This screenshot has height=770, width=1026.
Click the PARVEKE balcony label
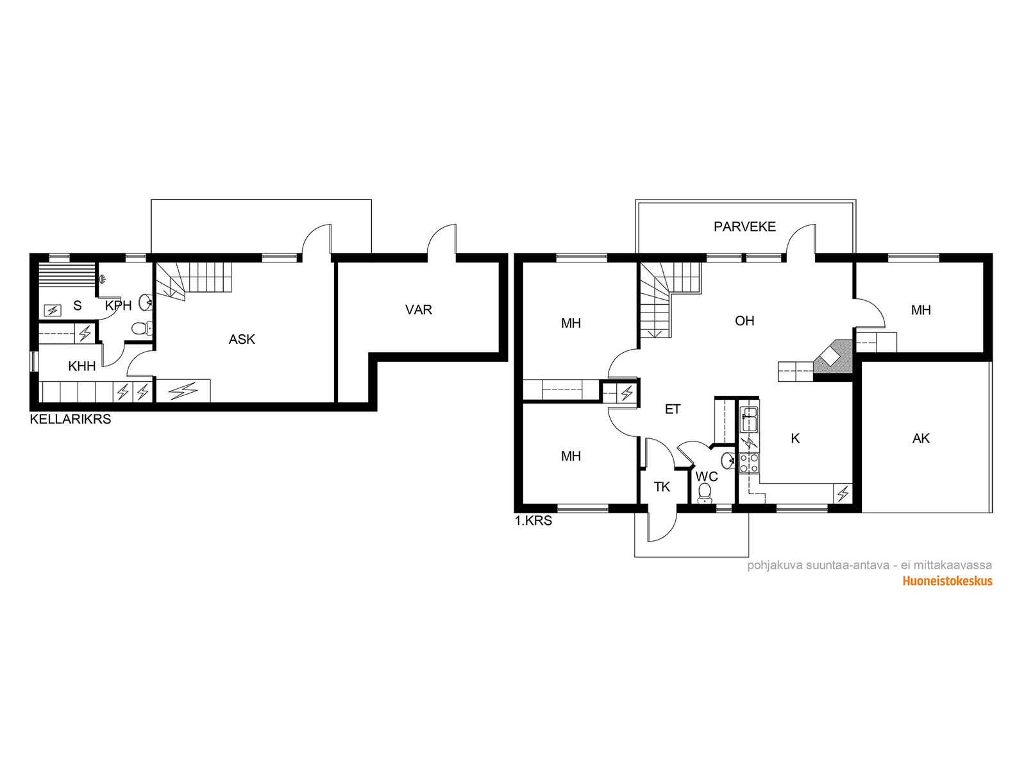coord(744,227)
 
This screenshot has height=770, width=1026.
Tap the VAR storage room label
coord(418,310)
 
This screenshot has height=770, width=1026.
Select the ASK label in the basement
coord(242,339)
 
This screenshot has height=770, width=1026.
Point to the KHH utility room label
coord(82,366)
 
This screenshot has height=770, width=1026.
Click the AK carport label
coord(921,438)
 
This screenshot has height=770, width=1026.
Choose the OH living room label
coord(744,321)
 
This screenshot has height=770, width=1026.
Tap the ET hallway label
coord(672,409)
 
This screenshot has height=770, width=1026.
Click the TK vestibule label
coord(661,487)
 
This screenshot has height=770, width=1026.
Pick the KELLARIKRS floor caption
coord(71,420)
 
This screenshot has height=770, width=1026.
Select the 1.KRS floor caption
coord(534,521)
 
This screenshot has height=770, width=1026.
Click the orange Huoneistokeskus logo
coord(947,581)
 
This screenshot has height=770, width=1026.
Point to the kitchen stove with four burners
coord(749,463)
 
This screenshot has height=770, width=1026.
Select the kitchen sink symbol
coord(749,420)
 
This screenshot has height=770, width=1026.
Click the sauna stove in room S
coord(53,310)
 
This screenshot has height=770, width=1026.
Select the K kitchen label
coord(795,438)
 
